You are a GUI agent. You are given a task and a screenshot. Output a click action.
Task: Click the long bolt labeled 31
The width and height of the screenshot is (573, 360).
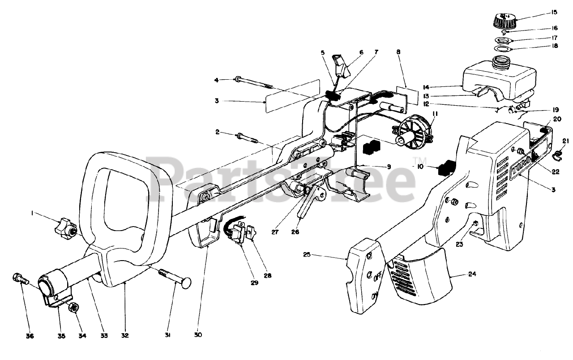[x=172, y=276]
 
